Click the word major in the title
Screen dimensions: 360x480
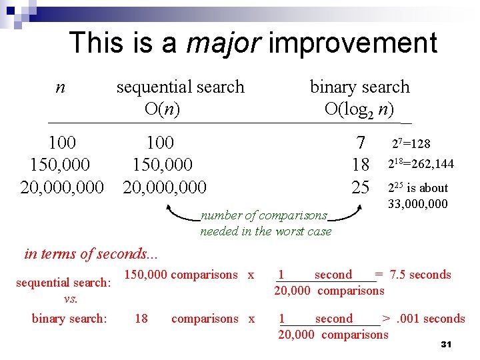point(223,43)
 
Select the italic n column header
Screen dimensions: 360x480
point(60,87)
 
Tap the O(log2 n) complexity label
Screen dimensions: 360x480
point(359,109)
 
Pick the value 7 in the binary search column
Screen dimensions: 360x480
point(361,143)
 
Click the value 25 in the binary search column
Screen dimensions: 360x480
point(361,187)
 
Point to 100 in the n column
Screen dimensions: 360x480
point(62,143)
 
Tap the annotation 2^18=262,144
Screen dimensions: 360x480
point(421,164)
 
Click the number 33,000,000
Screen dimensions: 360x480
point(418,204)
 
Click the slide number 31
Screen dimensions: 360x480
point(446,344)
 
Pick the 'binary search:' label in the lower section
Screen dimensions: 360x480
point(69,319)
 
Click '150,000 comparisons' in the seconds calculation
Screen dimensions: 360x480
point(181,275)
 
